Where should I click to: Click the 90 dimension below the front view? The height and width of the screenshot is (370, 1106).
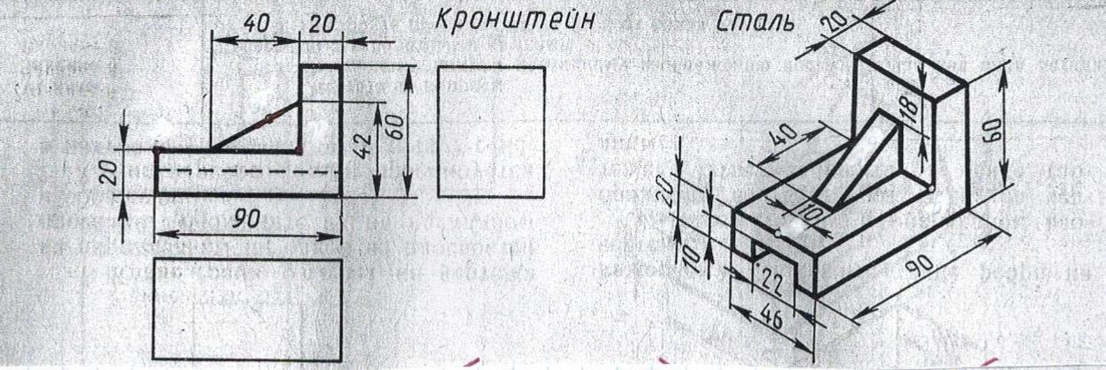[246, 221]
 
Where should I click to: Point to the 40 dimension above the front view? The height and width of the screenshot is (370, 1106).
[256, 25]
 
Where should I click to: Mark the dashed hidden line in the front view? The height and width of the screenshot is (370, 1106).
[247, 170]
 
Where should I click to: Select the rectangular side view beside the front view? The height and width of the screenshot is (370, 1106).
[491, 132]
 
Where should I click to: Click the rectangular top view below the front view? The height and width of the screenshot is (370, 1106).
[247, 308]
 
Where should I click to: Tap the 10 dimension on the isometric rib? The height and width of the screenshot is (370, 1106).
[814, 212]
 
